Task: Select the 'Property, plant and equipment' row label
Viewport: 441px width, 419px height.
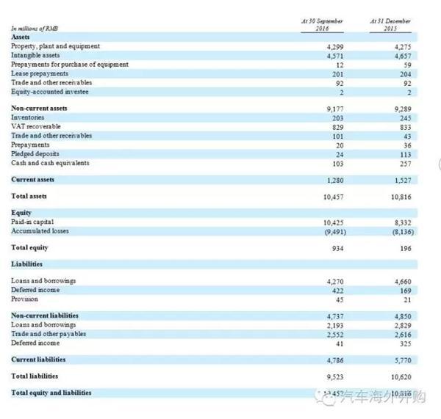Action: coord(56,46)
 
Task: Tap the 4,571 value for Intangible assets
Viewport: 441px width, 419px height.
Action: coord(334,56)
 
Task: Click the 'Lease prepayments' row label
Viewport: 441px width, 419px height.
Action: coord(40,73)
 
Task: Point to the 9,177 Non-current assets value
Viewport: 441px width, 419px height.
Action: coord(334,109)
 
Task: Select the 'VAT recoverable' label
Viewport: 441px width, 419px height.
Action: coord(36,126)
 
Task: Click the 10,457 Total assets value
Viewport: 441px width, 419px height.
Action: coord(334,197)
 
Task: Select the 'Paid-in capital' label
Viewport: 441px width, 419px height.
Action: coord(33,221)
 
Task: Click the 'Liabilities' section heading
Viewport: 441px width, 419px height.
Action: coord(27,263)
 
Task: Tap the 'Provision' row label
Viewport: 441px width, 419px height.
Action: coord(26,298)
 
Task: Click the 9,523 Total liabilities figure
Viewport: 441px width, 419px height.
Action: coord(334,377)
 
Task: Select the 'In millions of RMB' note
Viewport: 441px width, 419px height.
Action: coord(35,29)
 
